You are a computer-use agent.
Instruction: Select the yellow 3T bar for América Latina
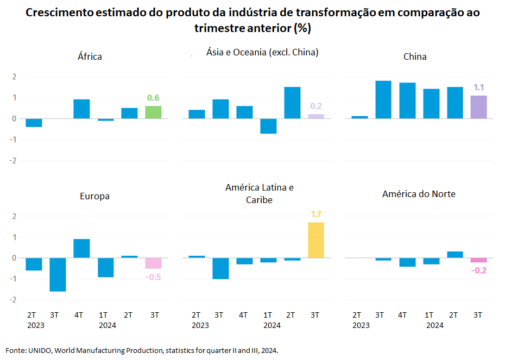[x=316, y=240]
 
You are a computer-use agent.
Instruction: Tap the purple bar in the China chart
[x=478, y=107]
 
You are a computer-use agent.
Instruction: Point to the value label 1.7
[x=316, y=214]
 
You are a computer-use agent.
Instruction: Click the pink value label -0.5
[x=153, y=277]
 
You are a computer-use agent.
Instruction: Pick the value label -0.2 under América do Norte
[x=478, y=270]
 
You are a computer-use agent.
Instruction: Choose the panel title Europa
[x=94, y=196]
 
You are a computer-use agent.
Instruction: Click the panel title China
[x=415, y=56]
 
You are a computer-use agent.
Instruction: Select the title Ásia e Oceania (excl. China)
[x=262, y=52]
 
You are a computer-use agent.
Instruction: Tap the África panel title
[x=90, y=56]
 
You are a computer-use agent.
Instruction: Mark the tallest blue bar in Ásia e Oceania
[x=292, y=103]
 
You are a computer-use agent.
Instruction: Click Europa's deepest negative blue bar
[x=58, y=275]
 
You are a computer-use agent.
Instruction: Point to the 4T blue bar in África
[x=81, y=109]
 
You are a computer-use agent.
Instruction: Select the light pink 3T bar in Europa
[x=153, y=263]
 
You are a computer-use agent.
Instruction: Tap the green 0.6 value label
[x=153, y=98]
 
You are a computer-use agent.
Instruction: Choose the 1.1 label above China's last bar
[x=478, y=87]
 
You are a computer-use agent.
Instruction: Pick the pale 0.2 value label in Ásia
[x=316, y=106]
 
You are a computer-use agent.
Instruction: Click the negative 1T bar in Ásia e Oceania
[x=268, y=126]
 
